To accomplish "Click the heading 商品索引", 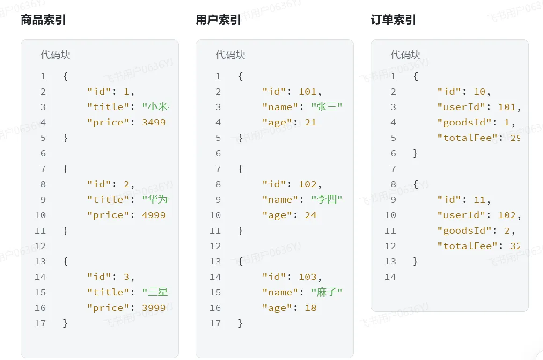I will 43,20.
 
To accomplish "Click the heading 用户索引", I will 218,20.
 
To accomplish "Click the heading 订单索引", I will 393,20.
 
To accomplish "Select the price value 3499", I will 154,123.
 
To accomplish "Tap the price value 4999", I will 154,215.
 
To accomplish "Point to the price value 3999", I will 154,308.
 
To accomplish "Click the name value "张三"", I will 327,107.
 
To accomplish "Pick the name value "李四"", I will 327,200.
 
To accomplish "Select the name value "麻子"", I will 327,293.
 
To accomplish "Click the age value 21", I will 310,123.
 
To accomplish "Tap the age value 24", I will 310,215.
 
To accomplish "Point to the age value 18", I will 310,308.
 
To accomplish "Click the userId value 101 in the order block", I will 506,107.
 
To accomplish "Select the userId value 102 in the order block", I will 506,215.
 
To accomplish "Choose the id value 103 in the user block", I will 308,277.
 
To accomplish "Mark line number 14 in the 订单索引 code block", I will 390,277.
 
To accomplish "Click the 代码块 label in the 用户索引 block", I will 230,55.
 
